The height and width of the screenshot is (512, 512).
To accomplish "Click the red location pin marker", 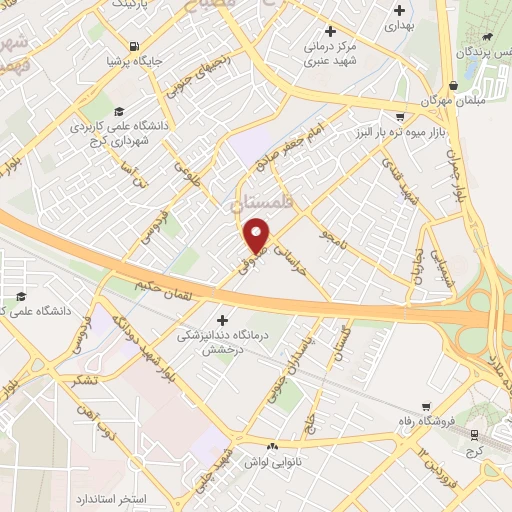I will tap(257, 234).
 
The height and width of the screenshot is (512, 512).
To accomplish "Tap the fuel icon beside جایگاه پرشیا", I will tap(135, 46).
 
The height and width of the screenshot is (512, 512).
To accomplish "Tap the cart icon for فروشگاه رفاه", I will tap(428, 406).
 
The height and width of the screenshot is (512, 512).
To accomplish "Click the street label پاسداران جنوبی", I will tap(314, 356).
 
